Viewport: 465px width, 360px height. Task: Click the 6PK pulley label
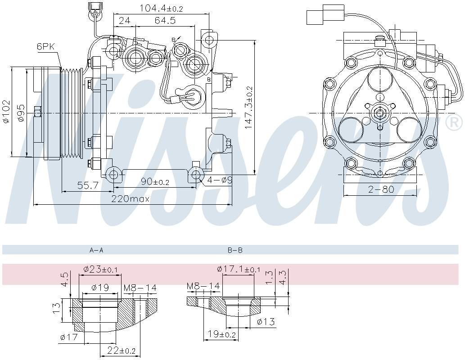point(46,46)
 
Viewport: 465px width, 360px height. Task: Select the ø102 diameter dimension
point(5,112)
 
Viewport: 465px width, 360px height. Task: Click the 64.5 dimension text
point(165,21)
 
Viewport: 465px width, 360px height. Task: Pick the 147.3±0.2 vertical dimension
point(249,108)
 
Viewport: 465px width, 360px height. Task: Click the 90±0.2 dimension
point(155,182)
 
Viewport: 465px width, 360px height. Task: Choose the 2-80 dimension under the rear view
point(381,189)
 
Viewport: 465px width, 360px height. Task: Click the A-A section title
point(96,250)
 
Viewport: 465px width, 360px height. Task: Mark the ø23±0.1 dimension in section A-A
point(100,269)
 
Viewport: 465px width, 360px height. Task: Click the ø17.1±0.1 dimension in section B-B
point(238,269)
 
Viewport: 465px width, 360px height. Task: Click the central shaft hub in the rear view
point(380,112)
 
